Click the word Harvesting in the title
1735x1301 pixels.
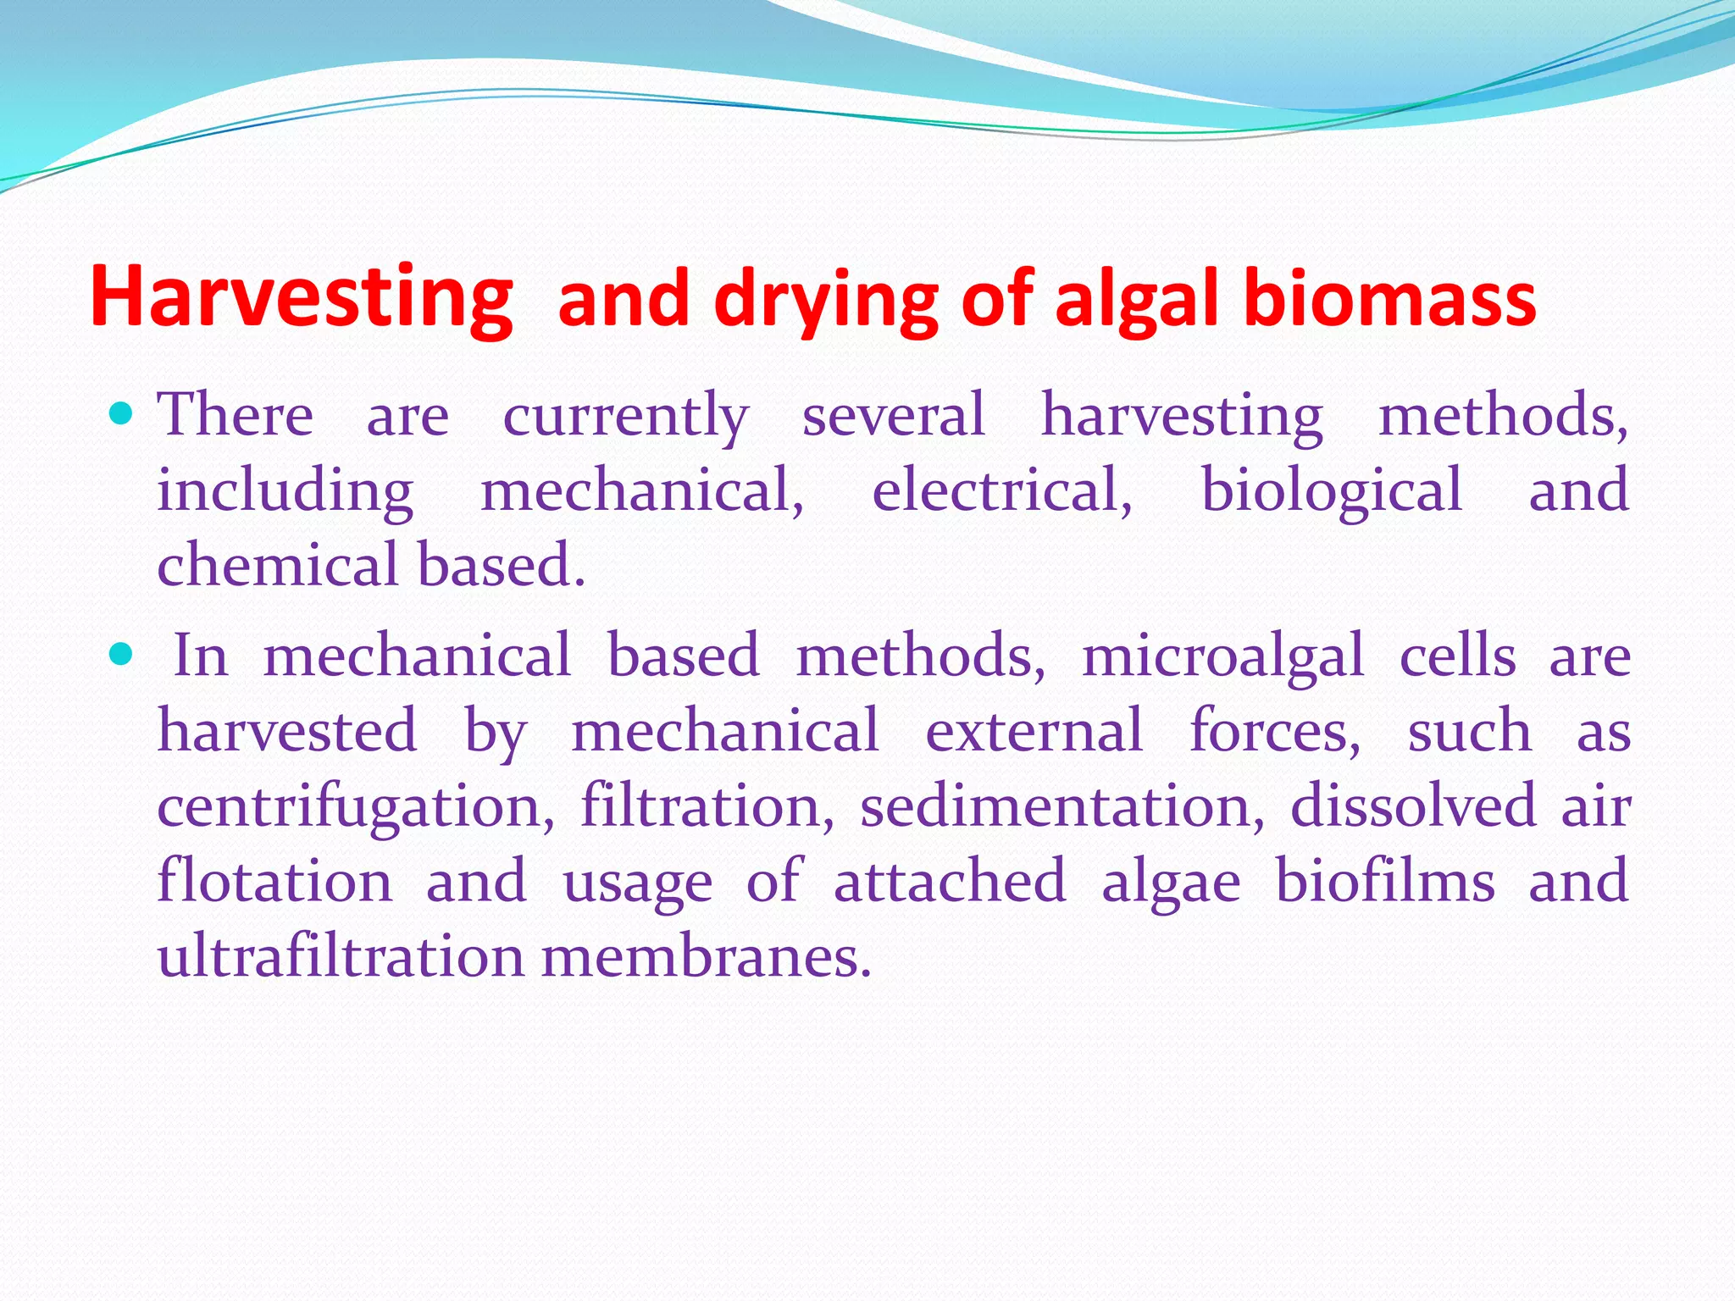click(301, 298)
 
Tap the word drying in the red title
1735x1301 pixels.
click(826, 301)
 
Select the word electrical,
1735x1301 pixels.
click(1001, 491)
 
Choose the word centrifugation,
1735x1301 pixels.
click(356, 807)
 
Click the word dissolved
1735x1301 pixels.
click(1412, 806)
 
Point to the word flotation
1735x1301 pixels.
click(274, 881)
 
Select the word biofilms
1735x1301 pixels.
click(1384, 881)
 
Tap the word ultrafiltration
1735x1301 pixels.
click(341, 956)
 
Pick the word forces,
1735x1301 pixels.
click(1274, 732)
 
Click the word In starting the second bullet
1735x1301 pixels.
click(201, 656)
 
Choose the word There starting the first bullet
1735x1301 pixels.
click(236, 415)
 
